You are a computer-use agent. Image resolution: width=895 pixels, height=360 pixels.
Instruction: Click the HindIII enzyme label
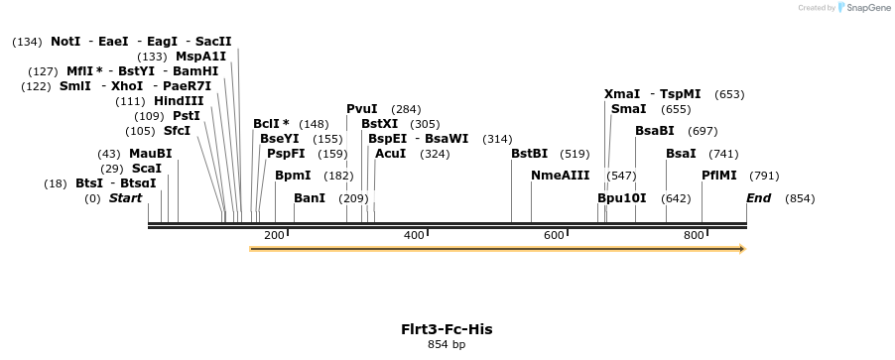pyautogui.click(x=179, y=101)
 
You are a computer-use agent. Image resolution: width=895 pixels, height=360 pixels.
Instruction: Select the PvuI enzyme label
pyautogui.click(x=362, y=109)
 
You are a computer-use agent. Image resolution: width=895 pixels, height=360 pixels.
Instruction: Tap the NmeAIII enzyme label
pyautogui.click(x=561, y=176)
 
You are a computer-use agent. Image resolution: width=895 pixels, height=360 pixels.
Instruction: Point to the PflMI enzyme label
pyautogui.click(x=719, y=176)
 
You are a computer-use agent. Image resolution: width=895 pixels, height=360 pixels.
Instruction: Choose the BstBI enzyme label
pyautogui.click(x=529, y=154)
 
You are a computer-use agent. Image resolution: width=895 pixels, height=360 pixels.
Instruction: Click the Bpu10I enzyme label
pyautogui.click(x=621, y=198)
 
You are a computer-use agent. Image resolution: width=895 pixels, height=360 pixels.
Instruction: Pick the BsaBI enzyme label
pyautogui.click(x=655, y=131)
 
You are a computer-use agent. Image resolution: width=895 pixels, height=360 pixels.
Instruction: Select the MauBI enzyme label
pyautogui.click(x=150, y=154)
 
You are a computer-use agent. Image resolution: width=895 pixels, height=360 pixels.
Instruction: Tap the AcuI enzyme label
pyautogui.click(x=391, y=154)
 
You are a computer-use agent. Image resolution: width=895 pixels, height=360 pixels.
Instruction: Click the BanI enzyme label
pyautogui.click(x=310, y=198)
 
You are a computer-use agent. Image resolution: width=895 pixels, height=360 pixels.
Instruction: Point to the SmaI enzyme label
pyautogui.click(x=629, y=109)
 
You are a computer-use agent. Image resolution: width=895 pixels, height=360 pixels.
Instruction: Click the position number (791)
pyautogui.click(x=764, y=176)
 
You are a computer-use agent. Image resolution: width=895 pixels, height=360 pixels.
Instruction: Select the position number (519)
pyautogui.click(x=575, y=154)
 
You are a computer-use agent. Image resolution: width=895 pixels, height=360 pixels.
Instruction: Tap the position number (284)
pyautogui.click(x=406, y=109)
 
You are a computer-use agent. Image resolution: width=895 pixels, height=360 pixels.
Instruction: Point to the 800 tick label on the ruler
pyautogui.click(x=694, y=235)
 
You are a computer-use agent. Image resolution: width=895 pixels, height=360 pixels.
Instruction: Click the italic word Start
pyautogui.click(x=125, y=198)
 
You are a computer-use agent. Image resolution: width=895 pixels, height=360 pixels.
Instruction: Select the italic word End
pyautogui.click(x=759, y=198)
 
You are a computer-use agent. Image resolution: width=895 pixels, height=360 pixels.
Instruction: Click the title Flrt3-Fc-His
pyautogui.click(x=447, y=329)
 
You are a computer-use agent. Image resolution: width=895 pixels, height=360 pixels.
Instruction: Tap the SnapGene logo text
pyautogui.click(x=866, y=8)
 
